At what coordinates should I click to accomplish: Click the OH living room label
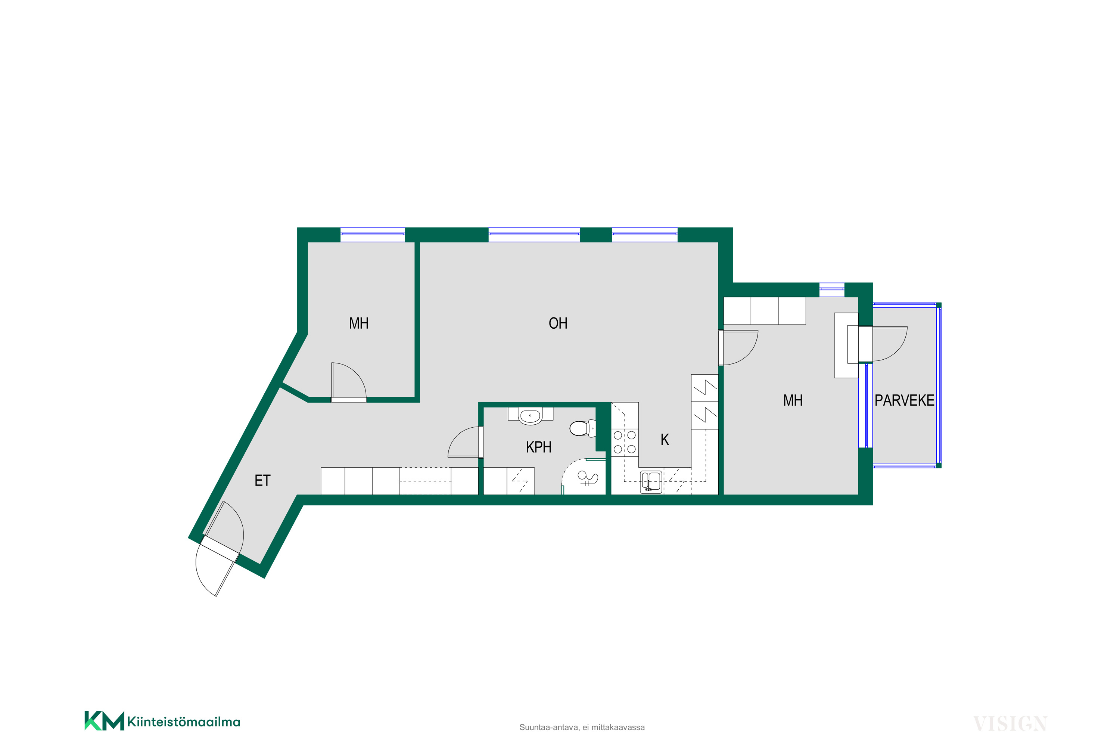[x=558, y=323]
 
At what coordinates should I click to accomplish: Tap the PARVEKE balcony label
[x=904, y=400]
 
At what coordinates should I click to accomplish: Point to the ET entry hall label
[x=262, y=481]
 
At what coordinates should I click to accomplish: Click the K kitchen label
[x=665, y=439]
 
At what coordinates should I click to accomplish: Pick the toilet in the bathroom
[x=583, y=428]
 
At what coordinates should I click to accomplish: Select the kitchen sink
[x=651, y=482]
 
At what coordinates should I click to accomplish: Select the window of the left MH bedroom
[x=372, y=235]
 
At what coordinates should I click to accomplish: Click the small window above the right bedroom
[x=831, y=290]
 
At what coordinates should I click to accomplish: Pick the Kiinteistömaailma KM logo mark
[x=104, y=720]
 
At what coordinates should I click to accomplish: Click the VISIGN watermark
[x=1010, y=724]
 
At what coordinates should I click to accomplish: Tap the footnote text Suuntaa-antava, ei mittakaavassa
[x=582, y=728]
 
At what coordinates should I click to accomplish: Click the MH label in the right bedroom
[x=793, y=400]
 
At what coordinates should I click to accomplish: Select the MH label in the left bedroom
[x=358, y=323]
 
